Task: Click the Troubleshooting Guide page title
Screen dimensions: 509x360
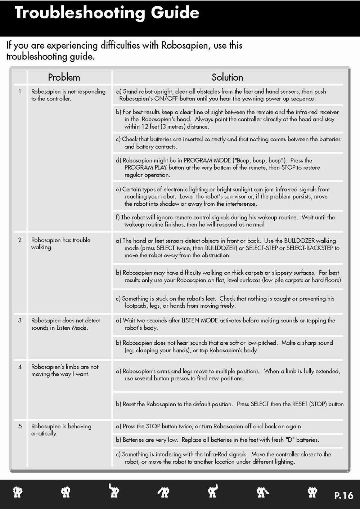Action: [x=107, y=13]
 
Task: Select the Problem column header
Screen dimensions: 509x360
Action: [x=64, y=77]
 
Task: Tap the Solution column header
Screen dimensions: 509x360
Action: [x=227, y=77]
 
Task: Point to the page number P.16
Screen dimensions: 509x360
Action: [x=343, y=495]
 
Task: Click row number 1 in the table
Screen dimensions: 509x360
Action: [x=20, y=91]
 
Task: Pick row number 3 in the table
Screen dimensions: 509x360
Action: [x=20, y=320]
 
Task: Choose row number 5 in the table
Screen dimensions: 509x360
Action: [x=20, y=426]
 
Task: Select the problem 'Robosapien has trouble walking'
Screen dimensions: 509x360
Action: [x=60, y=244]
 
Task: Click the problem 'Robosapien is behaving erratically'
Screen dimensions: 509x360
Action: [x=61, y=430]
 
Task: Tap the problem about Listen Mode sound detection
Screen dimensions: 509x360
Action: [x=66, y=324]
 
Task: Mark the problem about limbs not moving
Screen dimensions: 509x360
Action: [x=65, y=370]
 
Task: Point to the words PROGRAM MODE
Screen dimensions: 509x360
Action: [x=207, y=160]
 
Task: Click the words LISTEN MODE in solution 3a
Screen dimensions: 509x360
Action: [x=199, y=320]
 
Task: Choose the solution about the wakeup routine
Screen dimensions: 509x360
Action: [x=226, y=221]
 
